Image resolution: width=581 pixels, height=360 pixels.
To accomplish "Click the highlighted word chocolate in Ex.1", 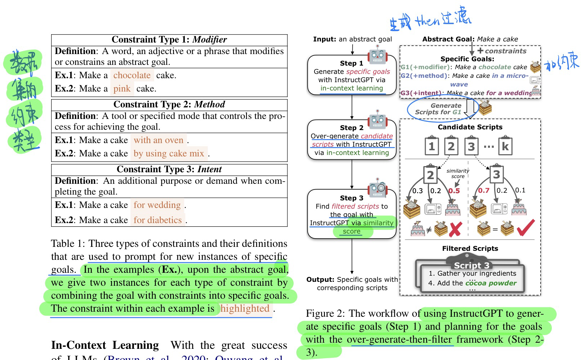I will coord(132,75).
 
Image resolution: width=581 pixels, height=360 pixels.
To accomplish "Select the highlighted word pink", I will coord(122,89).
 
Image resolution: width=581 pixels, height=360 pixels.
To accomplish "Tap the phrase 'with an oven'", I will coord(158,140).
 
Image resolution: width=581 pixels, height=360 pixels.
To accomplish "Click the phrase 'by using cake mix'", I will coord(169,154).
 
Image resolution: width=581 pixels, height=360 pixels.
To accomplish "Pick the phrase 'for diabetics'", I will coord(157,220).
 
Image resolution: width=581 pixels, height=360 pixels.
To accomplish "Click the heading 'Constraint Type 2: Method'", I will coord(169,105).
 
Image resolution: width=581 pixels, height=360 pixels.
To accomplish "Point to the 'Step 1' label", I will coord(351,63).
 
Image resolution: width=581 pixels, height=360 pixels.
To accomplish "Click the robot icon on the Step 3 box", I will coord(377,188).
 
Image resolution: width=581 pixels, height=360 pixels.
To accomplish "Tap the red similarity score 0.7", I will coord(483,190).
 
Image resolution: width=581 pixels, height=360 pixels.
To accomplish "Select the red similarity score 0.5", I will coord(454,191).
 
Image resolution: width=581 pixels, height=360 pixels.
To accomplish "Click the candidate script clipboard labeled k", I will coord(505,146).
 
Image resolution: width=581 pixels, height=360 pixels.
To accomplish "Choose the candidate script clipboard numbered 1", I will coord(432,146).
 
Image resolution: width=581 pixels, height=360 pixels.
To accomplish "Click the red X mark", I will coord(455,229).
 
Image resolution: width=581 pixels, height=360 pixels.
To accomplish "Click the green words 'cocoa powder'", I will coord(491,283).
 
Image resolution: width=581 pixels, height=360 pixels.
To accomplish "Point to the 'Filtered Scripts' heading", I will coord(470,249).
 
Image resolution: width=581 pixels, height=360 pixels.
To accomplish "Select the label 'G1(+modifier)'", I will coord(425,67).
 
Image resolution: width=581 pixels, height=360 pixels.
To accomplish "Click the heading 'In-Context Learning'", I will coord(105,345).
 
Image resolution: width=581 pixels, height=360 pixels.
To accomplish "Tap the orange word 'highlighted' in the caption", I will coord(245,308).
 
